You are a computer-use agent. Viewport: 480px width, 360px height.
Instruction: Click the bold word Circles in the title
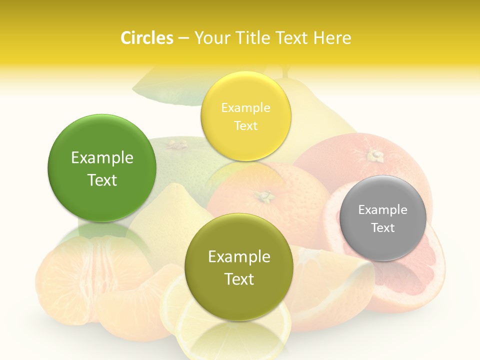coord(146,38)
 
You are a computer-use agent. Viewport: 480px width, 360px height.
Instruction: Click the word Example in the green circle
coord(102,158)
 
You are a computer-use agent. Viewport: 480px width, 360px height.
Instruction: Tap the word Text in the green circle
coord(102,180)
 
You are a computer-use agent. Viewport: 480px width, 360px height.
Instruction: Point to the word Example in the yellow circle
coord(245,108)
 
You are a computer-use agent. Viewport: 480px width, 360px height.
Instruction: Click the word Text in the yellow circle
coord(245,126)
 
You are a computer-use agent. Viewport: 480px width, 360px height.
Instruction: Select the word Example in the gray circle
coord(383,210)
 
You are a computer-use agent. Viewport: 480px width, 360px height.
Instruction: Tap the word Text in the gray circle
coord(383,228)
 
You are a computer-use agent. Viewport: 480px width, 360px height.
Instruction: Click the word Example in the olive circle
coord(239,257)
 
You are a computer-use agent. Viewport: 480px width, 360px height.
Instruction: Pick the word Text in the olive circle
coord(239,279)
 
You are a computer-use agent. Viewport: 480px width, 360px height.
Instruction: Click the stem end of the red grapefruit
coord(374,155)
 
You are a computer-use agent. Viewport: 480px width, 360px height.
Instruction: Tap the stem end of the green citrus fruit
coord(176,145)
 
